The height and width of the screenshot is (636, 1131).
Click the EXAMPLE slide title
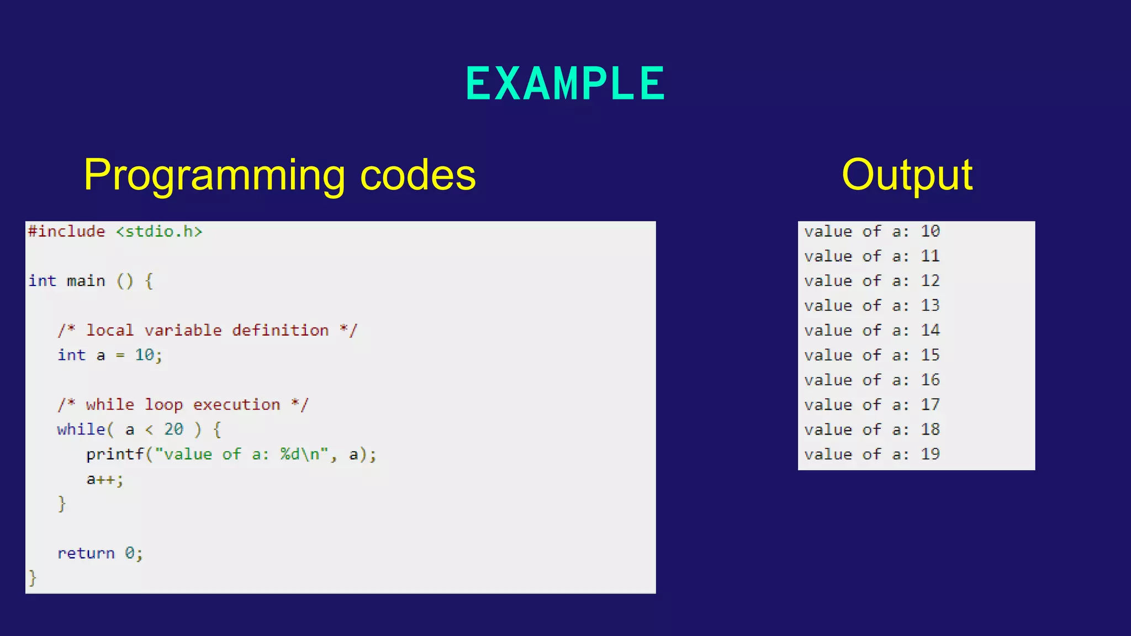click(565, 84)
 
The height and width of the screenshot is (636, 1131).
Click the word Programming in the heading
click(214, 176)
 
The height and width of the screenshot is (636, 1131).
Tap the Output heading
click(907, 176)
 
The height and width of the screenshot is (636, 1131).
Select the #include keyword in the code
click(66, 231)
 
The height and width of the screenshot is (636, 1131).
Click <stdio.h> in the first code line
click(159, 231)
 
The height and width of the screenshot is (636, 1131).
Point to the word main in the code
click(86, 281)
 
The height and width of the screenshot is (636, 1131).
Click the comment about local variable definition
click(208, 330)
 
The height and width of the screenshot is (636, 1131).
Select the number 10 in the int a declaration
click(145, 355)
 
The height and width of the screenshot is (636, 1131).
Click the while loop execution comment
click(183, 405)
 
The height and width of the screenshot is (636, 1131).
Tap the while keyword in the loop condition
click(81, 430)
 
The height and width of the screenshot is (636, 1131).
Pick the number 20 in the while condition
click(173, 430)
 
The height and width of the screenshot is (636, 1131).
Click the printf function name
click(115, 454)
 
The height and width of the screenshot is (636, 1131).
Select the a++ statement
click(104, 479)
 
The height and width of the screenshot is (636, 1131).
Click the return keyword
click(86, 553)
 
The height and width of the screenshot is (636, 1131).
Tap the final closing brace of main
click(33, 578)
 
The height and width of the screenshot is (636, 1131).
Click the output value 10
click(930, 231)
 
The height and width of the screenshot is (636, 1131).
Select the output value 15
click(930, 355)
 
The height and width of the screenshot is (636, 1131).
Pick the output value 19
click(930, 454)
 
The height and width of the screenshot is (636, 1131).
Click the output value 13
click(930, 305)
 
